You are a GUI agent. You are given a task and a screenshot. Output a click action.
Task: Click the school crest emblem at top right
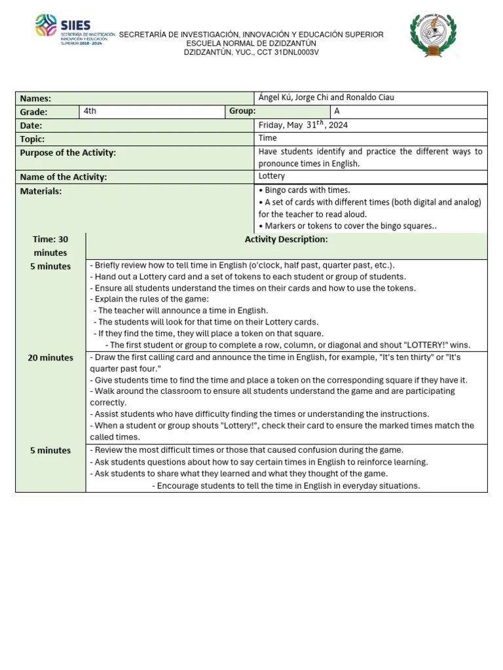point(433,36)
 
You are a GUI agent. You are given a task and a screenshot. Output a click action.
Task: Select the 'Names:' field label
point(35,99)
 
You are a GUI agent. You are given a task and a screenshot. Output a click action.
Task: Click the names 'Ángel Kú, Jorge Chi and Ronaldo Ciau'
point(326,98)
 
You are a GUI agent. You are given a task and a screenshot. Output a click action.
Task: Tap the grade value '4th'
point(90,111)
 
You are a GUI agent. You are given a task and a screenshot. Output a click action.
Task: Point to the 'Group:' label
point(242,111)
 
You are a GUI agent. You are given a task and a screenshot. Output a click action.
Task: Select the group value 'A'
point(337,111)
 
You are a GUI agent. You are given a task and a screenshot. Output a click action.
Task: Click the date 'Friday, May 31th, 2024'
point(302,125)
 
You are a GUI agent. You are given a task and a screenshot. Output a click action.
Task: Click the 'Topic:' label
point(33,139)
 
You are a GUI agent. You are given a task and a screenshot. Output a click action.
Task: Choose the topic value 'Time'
point(267,138)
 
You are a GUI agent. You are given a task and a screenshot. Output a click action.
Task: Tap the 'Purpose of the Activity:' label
point(67,152)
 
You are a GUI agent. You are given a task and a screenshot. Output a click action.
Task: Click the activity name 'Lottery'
point(271,176)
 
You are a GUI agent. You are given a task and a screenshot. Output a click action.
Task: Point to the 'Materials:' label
point(41,191)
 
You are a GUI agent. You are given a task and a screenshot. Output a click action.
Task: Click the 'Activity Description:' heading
point(286,239)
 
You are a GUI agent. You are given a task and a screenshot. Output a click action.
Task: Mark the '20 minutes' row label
point(50,358)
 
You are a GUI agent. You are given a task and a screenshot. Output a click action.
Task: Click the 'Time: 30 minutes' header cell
point(50,246)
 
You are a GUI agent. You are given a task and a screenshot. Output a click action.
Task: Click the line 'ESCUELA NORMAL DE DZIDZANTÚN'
point(251,43)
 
